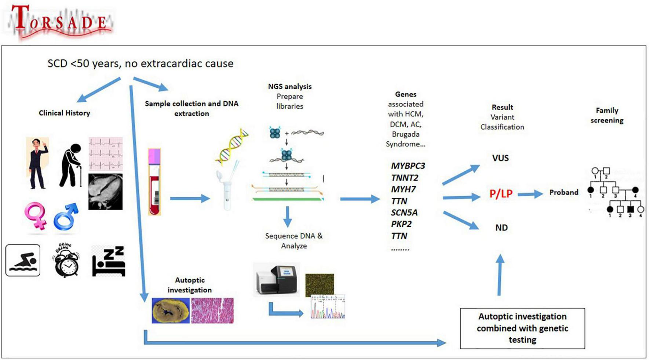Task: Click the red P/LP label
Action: pyautogui.click(x=501, y=194)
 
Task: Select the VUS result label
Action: pyautogui.click(x=500, y=158)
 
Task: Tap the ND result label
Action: pyautogui.click(x=501, y=228)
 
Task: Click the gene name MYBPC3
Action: pyautogui.click(x=408, y=166)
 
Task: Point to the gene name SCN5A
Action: pyautogui.click(x=404, y=212)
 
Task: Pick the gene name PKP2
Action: pyautogui.click(x=401, y=224)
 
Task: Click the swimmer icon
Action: pyautogui.click(x=23, y=260)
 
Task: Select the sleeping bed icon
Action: pyautogui.click(x=109, y=261)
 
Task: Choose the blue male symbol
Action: pyautogui.click(x=66, y=217)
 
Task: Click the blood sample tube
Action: pyautogui.click(x=154, y=182)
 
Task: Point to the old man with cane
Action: pyautogui.click(x=71, y=165)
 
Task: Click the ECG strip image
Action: pyautogui.click(x=106, y=153)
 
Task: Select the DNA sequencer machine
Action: pyautogui.click(x=276, y=279)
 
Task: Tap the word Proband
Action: pyautogui.click(x=563, y=192)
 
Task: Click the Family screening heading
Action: pyautogui.click(x=607, y=115)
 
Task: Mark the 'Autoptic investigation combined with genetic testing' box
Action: pyautogui.click(x=522, y=328)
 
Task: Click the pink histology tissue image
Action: pyautogui.click(x=212, y=311)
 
